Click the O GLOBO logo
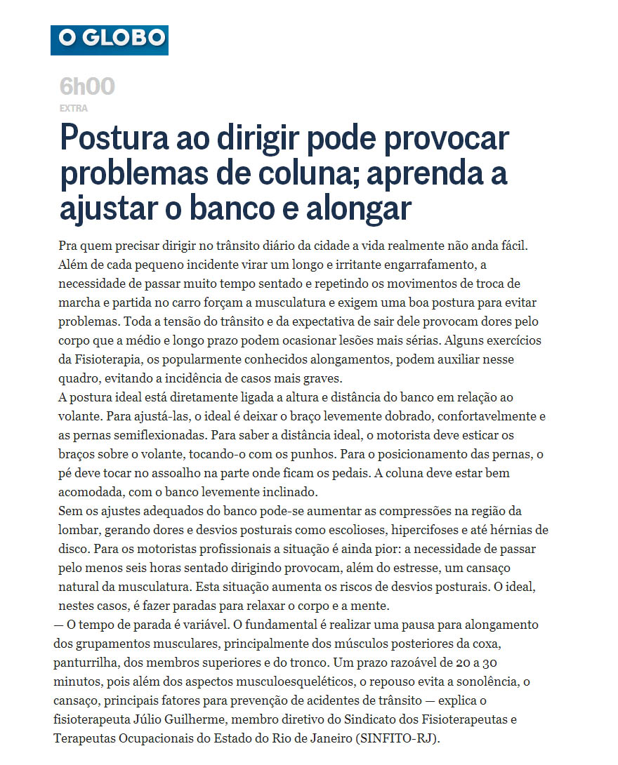coord(110,40)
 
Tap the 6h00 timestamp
coord(87,87)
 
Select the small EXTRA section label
coord(74,109)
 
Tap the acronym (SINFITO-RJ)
coord(400,738)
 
